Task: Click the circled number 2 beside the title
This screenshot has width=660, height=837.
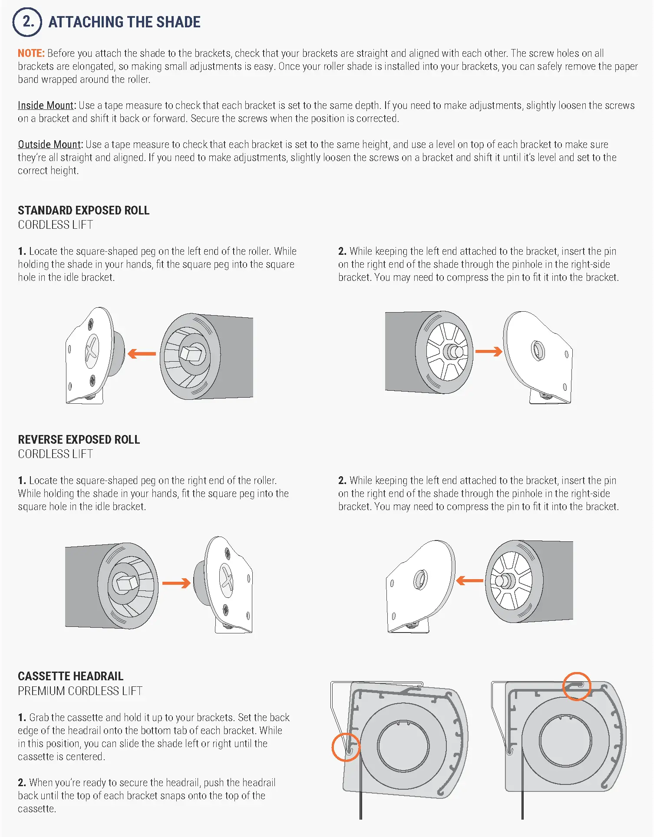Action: click(x=27, y=22)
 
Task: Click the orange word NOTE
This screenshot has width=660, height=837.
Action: click(x=31, y=53)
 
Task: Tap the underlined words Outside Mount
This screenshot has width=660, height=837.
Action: click(x=49, y=145)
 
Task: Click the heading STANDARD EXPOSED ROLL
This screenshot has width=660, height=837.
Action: click(x=83, y=211)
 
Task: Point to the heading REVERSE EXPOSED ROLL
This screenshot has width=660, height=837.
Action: click(x=79, y=440)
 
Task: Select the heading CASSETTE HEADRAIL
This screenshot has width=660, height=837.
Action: click(x=70, y=676)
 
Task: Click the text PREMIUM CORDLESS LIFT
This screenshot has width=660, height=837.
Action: click(x=80, y=691)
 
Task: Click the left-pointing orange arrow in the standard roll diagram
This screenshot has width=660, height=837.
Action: click(x=142, y=353)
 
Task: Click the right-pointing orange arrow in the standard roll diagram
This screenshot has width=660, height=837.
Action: click(x=489, y=351)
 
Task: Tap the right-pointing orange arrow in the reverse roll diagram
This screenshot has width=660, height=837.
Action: click(x=176, y=583)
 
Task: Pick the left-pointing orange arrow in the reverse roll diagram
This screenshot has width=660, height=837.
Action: click(x=470, y=580)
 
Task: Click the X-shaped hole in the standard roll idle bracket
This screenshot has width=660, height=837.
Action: click(x=92, y=349)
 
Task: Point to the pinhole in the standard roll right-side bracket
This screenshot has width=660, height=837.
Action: click(x=538, y=350)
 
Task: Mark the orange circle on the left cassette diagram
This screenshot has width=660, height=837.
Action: click(x=346, y=747)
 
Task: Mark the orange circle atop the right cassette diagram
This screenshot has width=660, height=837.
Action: click(x=577, y=686)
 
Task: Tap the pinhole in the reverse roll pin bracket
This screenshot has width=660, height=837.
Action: click(x=420, y=579)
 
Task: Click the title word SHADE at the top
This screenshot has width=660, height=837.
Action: click(x=178, y=22)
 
